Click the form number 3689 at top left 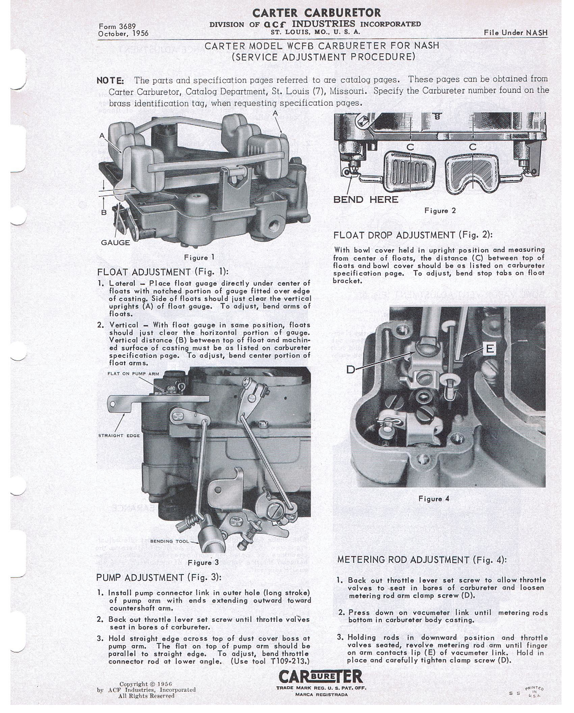[x=117, y=26]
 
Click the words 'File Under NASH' [x=516, y=32]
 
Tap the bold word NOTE [x=110, y=81]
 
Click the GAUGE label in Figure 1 [x=115, y=242]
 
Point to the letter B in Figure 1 [x=104, y=212]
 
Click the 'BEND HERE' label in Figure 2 [x=366, y=200]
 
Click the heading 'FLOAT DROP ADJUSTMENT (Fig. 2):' [x=413, y=235]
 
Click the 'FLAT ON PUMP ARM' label [x=133, y=374]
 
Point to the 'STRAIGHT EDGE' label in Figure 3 [x=119, y=435]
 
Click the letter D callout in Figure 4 [x=351, y=370]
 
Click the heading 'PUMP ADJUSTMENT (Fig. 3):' [x=159, y=577]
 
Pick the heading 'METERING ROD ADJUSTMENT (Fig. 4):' [x=422, y=560]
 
